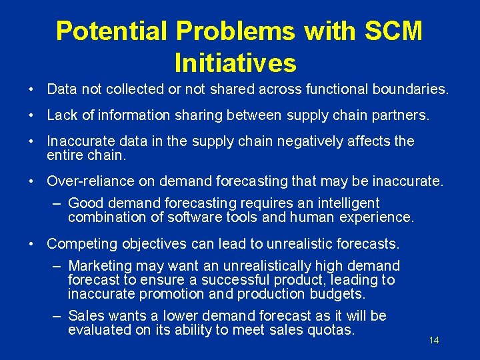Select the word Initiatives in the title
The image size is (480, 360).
coord(235,63)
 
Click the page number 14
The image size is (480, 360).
coord(434,341)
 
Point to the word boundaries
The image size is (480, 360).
coord(413,89)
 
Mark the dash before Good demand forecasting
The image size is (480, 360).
coord(58,203)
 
